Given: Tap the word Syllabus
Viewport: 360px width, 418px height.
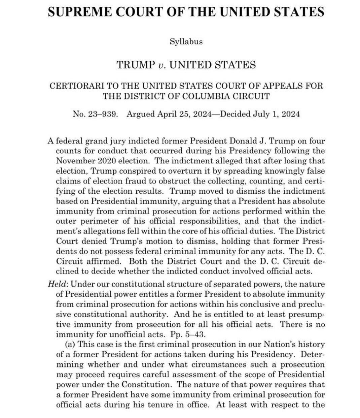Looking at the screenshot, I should [186, 42].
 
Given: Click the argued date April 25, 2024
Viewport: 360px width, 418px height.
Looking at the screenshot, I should [182, 114].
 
